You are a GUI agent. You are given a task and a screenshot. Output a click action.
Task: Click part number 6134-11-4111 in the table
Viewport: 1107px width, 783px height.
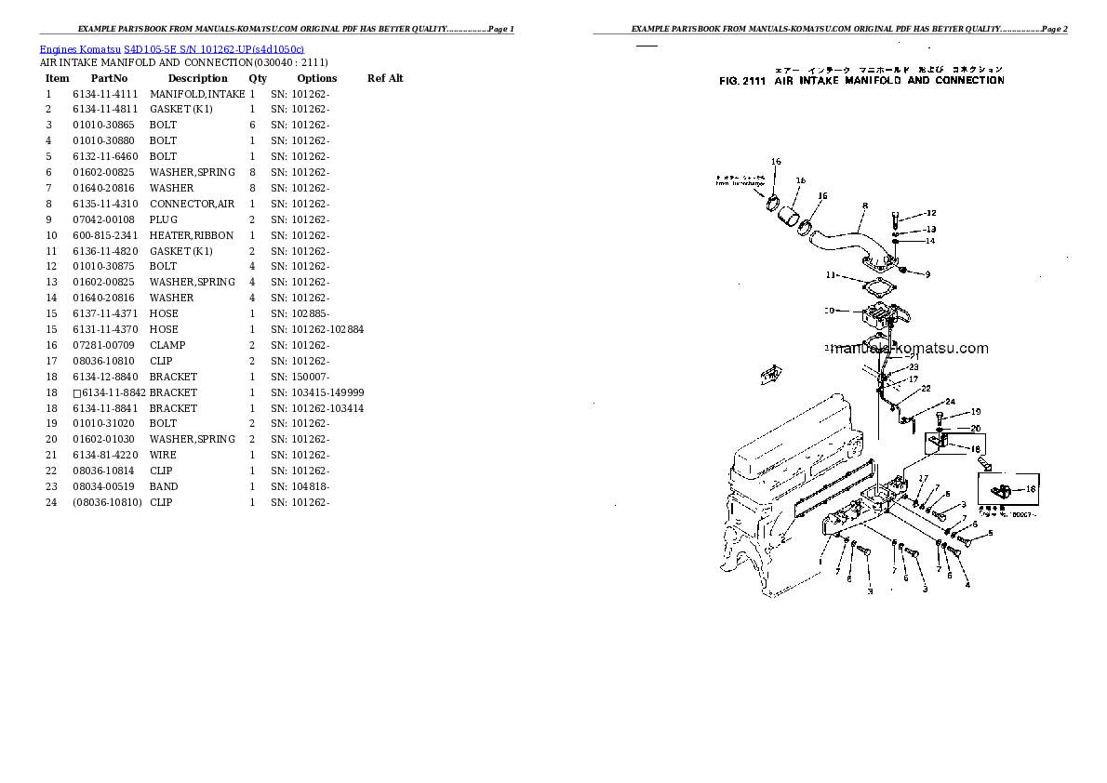tap(104, 94)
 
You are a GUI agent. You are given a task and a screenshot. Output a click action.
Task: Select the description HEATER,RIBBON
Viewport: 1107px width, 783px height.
tap(191, 235)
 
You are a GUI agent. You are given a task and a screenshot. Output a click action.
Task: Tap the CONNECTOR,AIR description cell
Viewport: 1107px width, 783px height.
tap(192, 204)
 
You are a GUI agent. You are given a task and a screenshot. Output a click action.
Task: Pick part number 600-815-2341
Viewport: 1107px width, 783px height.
tap(104, 235)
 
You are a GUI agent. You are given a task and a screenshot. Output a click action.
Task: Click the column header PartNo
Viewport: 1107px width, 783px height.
tap(109, 78)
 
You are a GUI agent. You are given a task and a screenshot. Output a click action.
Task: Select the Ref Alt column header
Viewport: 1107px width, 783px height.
tap(385, 78)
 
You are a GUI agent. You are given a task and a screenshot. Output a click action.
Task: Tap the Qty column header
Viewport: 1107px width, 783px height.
tap(257, 78)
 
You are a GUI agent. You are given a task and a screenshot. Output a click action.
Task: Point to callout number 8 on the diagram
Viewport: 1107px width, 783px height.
tap(864, 206)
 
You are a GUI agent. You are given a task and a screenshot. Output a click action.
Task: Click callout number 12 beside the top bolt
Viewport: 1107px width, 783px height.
tap(930, 214)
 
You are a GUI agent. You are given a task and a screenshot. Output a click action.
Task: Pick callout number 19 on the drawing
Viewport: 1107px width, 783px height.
tap(975, 411)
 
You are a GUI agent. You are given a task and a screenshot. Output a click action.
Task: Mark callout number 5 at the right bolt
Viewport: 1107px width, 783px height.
tap(990, 533)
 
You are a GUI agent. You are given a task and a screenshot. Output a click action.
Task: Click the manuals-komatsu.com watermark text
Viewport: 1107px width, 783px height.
tap(907, 349)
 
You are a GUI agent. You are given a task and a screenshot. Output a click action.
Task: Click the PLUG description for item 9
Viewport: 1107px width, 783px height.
tap(163, 219)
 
